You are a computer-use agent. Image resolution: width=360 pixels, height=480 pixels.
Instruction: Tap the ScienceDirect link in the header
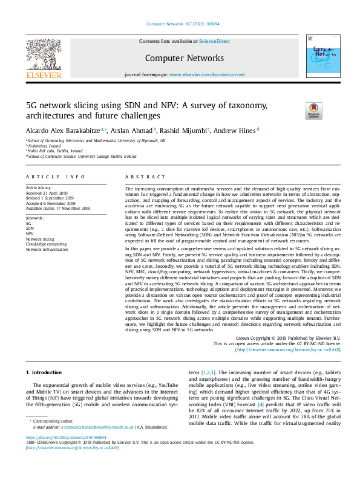pos(215,41)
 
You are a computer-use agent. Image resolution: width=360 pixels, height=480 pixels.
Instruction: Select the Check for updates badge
pos(314,110)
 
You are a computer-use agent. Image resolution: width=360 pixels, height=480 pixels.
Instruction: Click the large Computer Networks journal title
pos(180,57)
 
